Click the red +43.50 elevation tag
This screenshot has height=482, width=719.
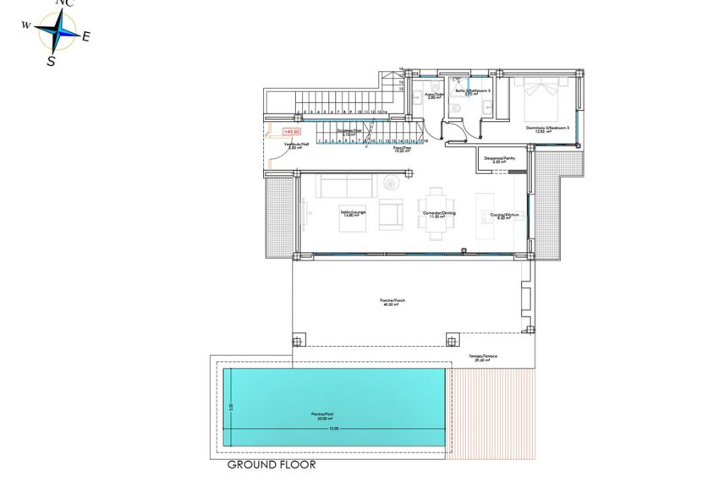[x=292, y=131]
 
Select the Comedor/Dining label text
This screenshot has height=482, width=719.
[x=438, y=214]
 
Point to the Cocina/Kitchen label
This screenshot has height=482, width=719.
[x=503, y=216]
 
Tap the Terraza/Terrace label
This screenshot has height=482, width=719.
[x=483, y=358]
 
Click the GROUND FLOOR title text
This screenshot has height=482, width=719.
[x=271, y=464]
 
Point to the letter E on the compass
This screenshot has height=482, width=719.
[x=86, y=36]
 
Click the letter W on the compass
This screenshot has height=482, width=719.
[x=26, y=26]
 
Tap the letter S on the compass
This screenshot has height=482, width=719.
[x=51, y=61]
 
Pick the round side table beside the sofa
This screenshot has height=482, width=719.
[x=392, y=183]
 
